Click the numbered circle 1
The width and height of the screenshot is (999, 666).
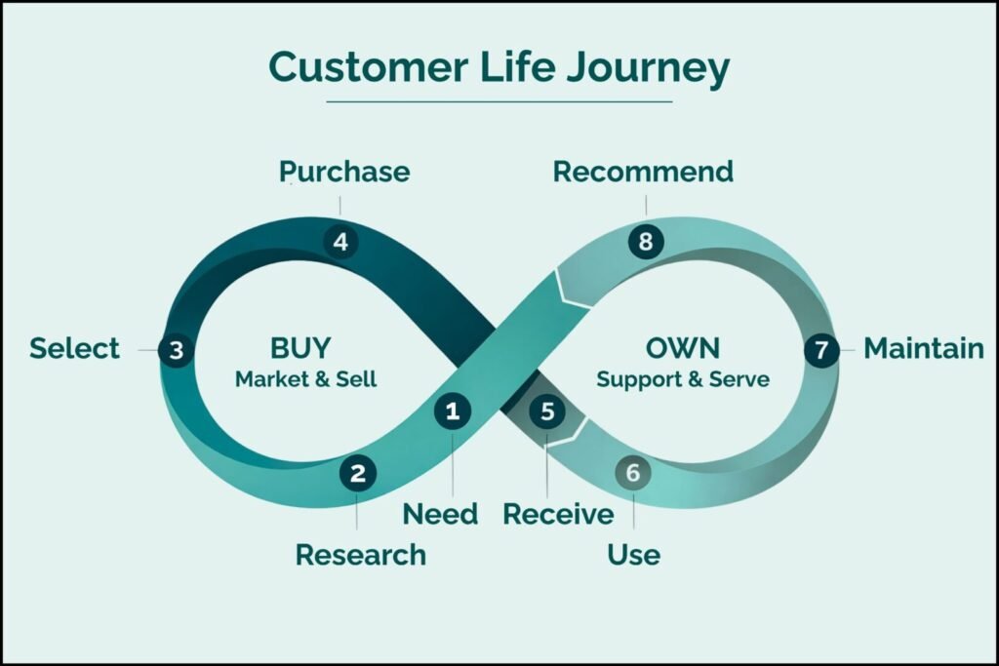point(452,411)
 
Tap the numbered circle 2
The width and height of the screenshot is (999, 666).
point(358,474)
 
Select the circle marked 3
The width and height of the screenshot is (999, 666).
point(176,350)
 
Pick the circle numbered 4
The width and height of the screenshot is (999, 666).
point(340,241)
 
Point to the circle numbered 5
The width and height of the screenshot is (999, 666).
point(547,411)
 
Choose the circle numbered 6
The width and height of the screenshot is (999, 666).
point(633,474)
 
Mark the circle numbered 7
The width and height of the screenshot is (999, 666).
point(821,350)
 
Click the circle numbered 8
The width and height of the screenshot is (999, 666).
point(646,241)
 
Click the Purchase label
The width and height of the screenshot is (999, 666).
point(344,173)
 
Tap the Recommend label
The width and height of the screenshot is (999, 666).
point(643,173)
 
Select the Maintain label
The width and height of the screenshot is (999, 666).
point(924,348)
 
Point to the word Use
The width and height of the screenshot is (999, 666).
point(633,555)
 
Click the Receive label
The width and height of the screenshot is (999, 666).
point(558,514)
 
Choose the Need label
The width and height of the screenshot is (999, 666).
point(441,514)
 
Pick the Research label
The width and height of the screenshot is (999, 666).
point(361,555)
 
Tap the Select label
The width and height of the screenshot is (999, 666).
point(74,348)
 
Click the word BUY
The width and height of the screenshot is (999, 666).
point(300,347)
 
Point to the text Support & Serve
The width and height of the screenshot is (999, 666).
point(683,379)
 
